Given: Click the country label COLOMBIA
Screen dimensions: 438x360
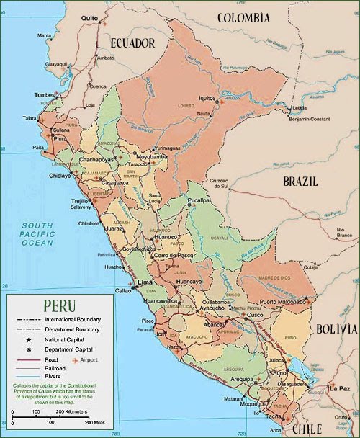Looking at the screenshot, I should (243, 18).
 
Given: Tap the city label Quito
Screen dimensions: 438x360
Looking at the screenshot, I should (89, 18).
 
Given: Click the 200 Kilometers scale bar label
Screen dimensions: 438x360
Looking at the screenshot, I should (72, 412).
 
